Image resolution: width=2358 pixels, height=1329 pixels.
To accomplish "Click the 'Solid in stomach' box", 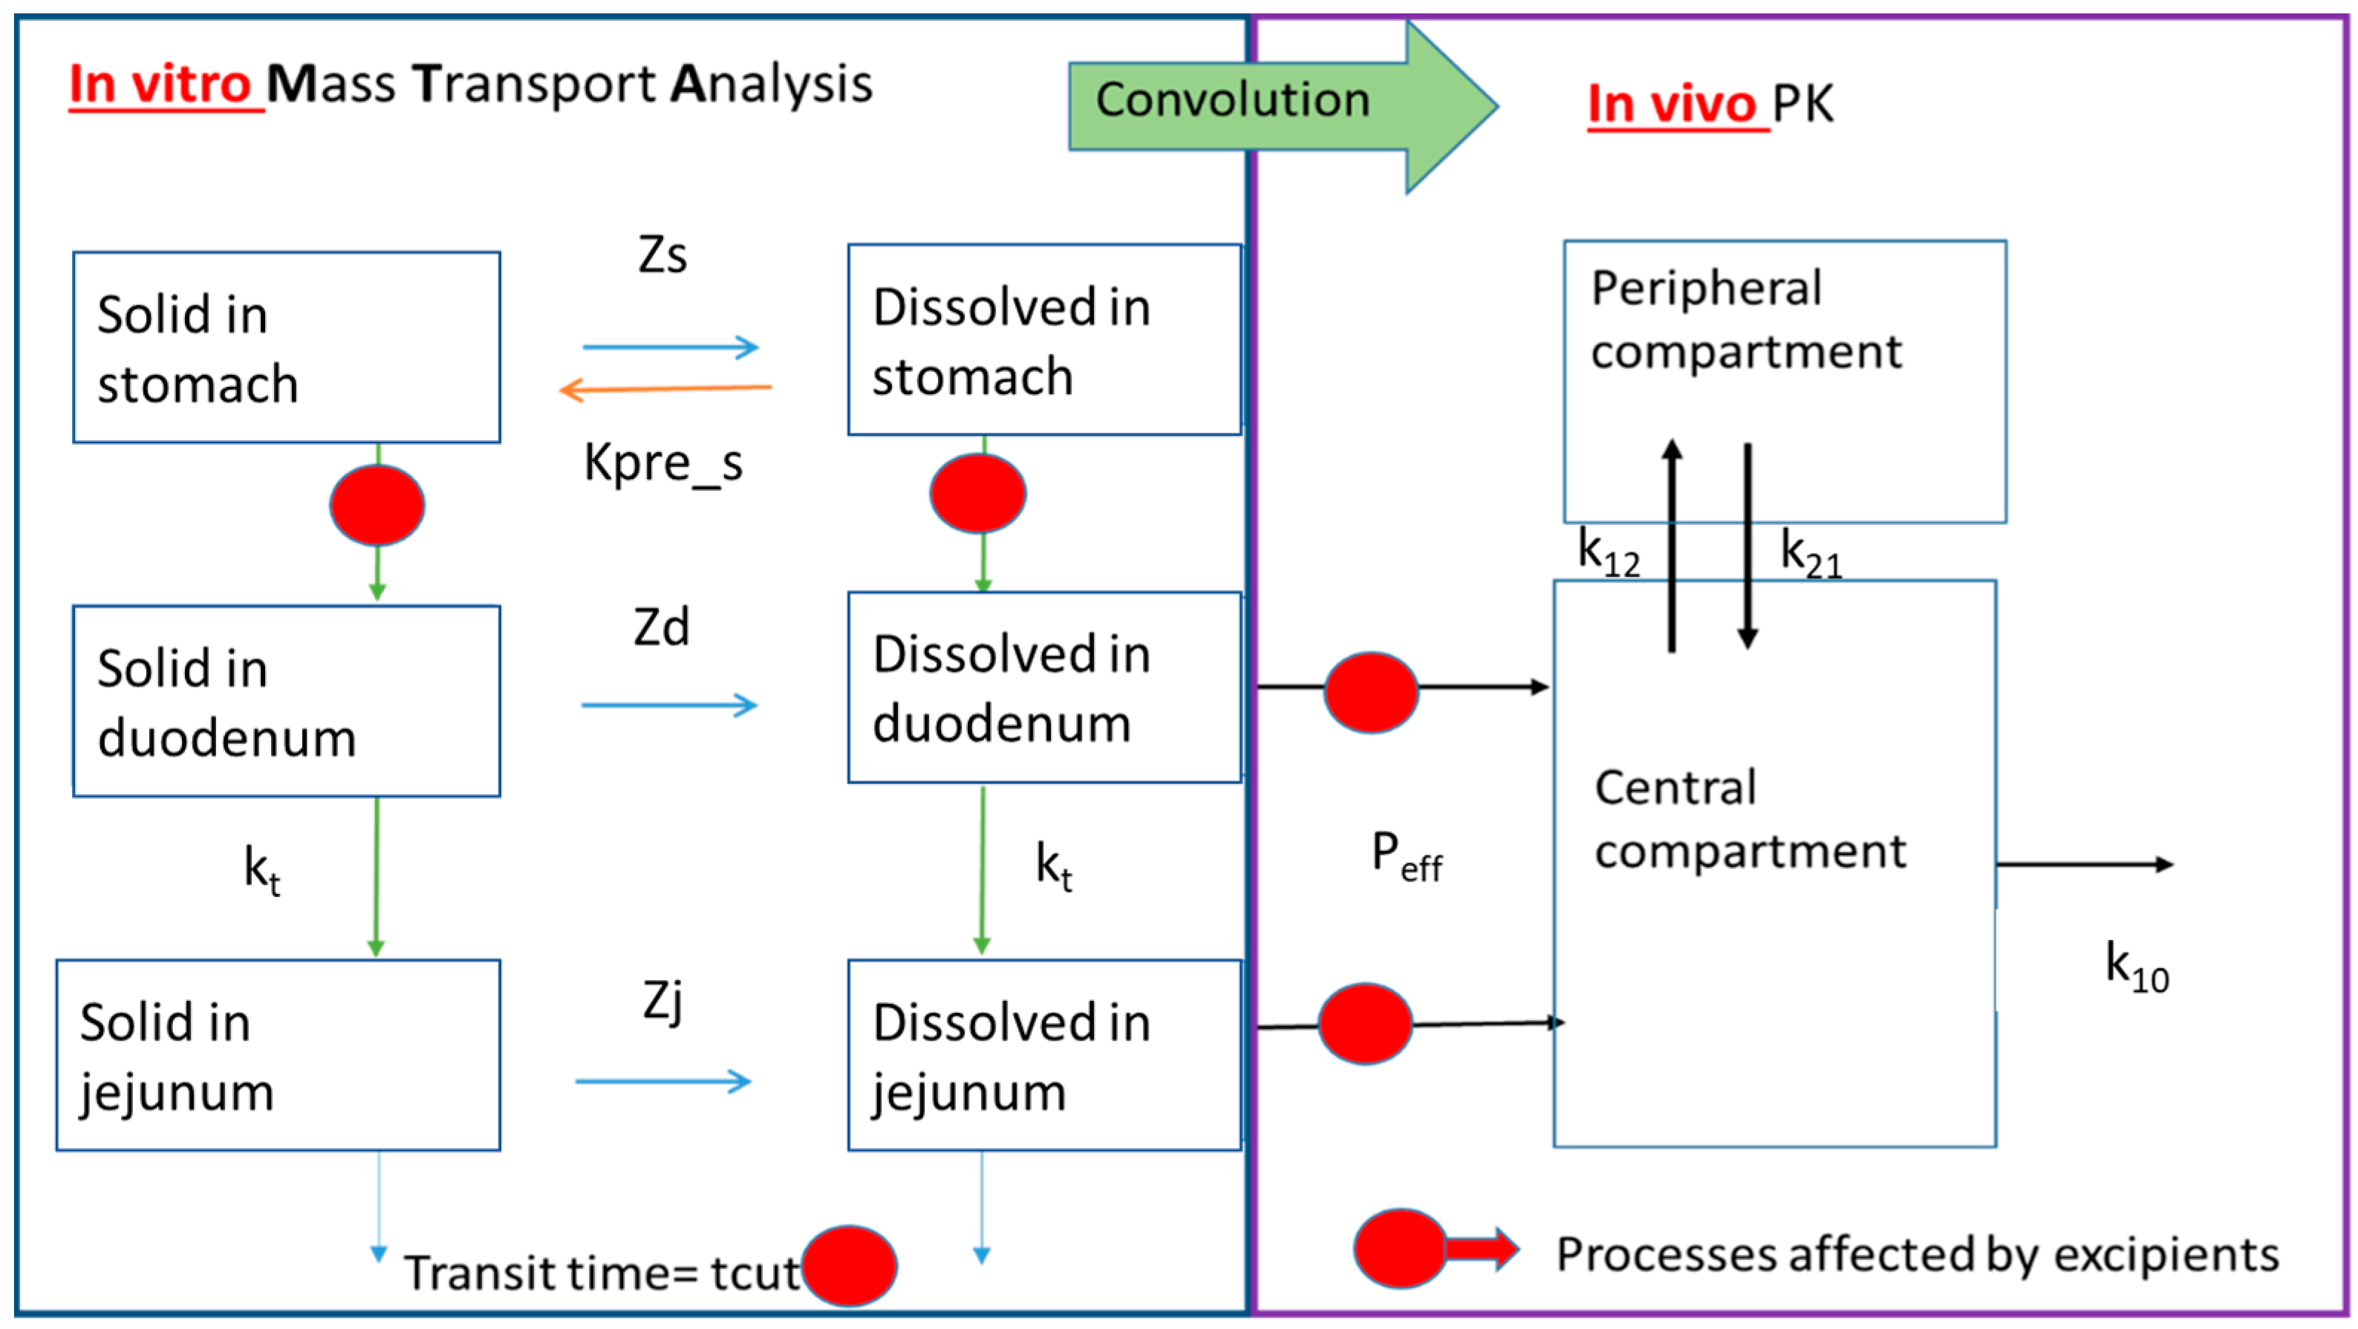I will point(287,347).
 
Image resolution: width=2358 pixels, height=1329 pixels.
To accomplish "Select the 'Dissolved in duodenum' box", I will point(1043,688).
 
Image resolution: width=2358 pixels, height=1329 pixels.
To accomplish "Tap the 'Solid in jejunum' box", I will point(279,1055).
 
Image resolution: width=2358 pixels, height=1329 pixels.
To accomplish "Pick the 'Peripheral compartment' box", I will point(1784,382).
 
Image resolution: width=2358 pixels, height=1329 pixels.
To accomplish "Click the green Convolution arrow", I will point(1282,105).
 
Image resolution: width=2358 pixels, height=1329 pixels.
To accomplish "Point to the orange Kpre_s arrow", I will point(665,389).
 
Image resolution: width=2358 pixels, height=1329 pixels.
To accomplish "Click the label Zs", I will point(662,255).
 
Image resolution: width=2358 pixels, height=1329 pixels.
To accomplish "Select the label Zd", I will point(661,628).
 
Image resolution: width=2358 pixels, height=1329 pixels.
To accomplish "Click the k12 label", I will point(1609,554).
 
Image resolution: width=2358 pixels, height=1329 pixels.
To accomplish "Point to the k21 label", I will point(1810,554).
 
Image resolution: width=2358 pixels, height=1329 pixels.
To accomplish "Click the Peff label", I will point(1406,858).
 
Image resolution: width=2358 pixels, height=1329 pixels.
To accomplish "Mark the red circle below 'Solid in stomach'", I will point(377,505).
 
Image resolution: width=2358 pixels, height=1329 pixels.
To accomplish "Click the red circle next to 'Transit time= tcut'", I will point(849,1266).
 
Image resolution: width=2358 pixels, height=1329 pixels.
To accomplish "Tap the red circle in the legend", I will point(1398,1249).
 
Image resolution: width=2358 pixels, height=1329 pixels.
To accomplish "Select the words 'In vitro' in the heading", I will point(160,84).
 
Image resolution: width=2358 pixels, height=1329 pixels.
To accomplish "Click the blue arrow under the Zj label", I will point(662,1082).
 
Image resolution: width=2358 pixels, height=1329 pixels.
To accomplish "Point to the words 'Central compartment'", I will point(1748,819).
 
